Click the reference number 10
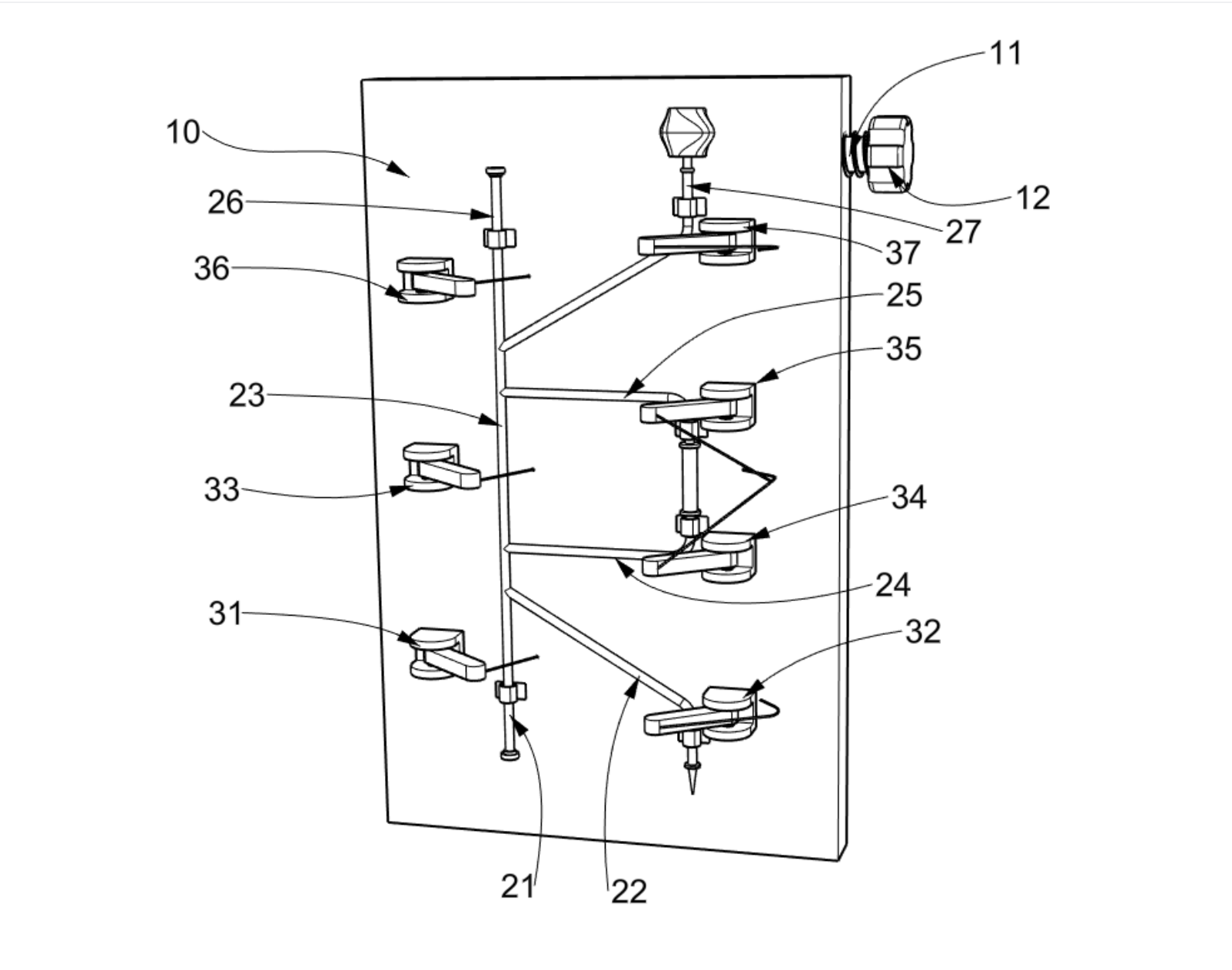pyautogui.click(x=183, y=132)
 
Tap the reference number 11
pyautogui.click(x=1006, y=53)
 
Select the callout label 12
pyautogui.click(x=1033, y=198)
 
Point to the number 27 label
pyautogui.click(x=964, y=232)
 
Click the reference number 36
pyautogui.click(x=212, y=268)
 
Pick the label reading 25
pyautogui.click(x=905, y=295)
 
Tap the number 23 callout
pyautogui.click(x=247, y=395)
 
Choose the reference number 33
pyautogui.click(x=221, y=490)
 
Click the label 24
pyautogui.click(x=893, y=585)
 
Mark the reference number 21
pyautogui.click(x=518, y=887)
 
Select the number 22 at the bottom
pyautogui.click(x=629, y=892)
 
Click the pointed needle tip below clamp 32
pyautogui.click(x=693, y=794)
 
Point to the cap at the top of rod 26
pyautogui.click(x=496, y=170)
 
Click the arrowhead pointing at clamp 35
pyautogui.click(x=768, y=375)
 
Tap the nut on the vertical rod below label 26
pyautogui.click(x=500, y=238)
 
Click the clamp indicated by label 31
pyautogui.click(x=447, y=655)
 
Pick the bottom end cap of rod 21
pyautogui.click(x=510, y=756)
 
